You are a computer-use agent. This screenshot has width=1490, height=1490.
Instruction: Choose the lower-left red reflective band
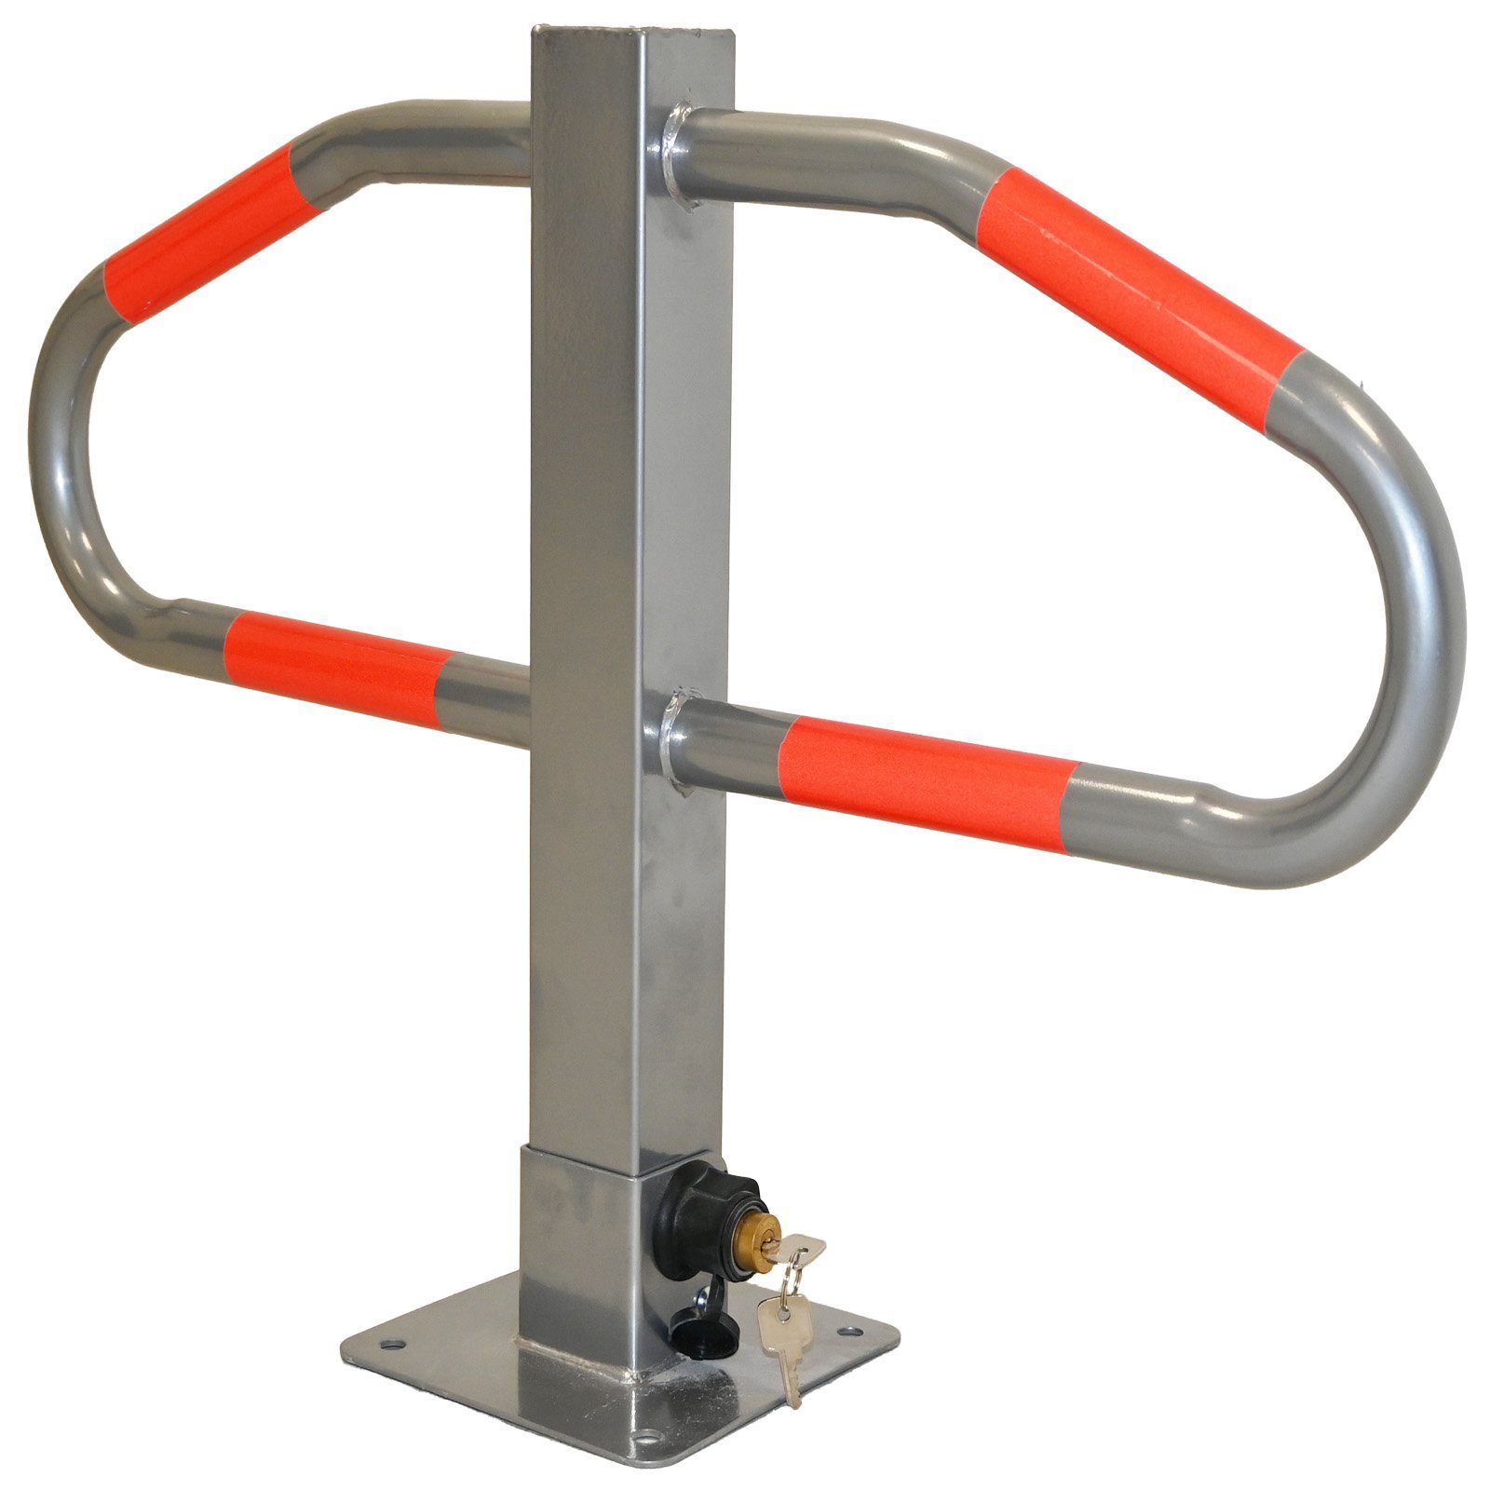(x=335, y=657)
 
